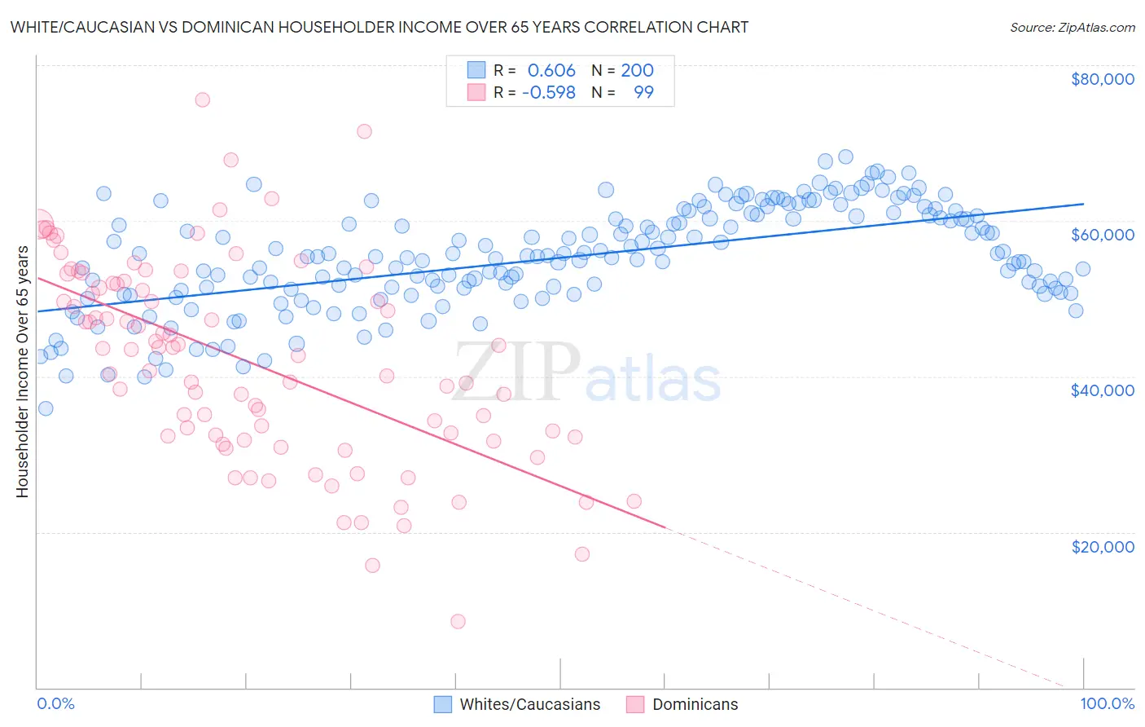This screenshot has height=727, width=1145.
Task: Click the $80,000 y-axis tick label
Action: point(1103,79)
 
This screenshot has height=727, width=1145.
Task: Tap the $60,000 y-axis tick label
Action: point(1103,235)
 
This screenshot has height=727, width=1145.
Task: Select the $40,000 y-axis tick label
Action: point(1103,390)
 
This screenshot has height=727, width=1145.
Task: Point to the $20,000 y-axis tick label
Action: point(1103,546)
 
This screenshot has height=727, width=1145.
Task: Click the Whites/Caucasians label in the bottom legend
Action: point(530,704)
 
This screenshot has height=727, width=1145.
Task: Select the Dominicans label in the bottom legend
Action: point(695,704)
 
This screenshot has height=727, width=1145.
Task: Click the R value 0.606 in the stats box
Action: point(551,70)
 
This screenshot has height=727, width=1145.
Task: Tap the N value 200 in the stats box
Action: point(637,70)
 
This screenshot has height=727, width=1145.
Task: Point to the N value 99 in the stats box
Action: point(643,92)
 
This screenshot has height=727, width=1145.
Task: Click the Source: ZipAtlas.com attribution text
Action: point(1072,27)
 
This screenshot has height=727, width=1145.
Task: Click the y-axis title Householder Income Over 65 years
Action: point(23,372)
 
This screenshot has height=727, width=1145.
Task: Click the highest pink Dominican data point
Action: point(202,99)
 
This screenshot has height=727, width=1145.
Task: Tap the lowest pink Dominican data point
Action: point(458,621)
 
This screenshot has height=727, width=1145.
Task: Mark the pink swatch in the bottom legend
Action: point(635,704)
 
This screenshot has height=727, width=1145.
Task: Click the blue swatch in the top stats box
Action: point(476,70)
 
